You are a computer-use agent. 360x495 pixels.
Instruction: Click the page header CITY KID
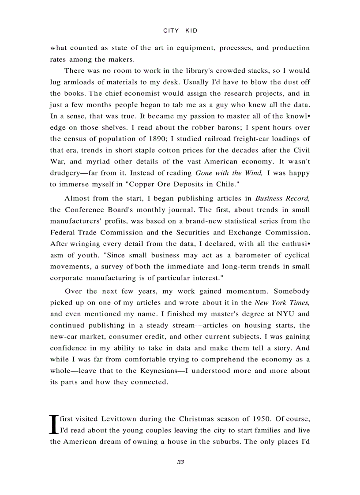pyautogui.click(x=180, y=31)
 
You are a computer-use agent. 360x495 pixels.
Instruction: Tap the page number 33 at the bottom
pyautogui.click(x=180, y=462)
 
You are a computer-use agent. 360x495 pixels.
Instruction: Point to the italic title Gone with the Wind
pyautogui.click(x=229, y=173)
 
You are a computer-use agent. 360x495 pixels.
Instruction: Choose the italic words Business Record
pyautogui.click(x=282, y=199)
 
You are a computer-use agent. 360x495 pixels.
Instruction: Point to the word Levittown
pyautogui.click(x=119, y=419)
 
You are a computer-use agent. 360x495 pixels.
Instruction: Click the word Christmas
pyautogui.click(x=194, y=419)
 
